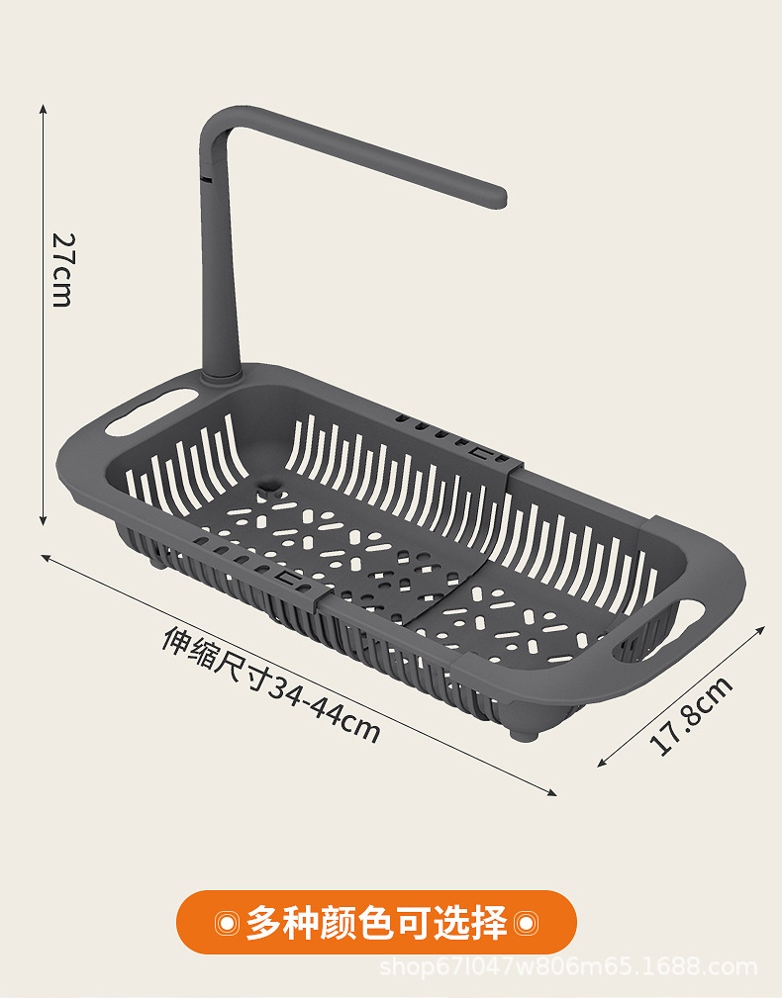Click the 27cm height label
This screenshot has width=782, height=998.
pyautogui.click(x=61, y=269)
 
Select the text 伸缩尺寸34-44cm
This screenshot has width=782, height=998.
pyautogui.click(x=270, y=683)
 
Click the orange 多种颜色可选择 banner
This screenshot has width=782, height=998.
pyautogui.click(x=376, y=922)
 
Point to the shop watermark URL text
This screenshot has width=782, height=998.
pyautogui.click(x=568, y=966)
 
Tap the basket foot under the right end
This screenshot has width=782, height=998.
pyautogui.click(x=522, y=734)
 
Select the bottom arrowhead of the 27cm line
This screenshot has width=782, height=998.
pyautogui.click(x=43, y=521)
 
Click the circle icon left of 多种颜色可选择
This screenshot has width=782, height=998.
pyautogui.click(x=227, y=923)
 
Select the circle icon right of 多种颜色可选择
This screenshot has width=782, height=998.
pyautogui.click(x=526, y=923)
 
